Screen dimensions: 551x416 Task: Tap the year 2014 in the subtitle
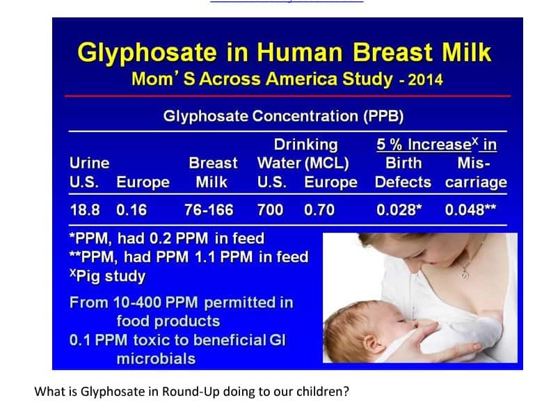[x=425, y=80]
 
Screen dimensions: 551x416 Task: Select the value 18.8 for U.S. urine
[x=85, y=210]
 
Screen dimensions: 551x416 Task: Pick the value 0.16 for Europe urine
[x=131, y=210]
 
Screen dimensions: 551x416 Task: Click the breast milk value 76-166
[x=209, y=210]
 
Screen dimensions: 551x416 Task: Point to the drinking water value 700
[x=270, y=210]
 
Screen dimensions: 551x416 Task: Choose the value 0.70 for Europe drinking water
[x=319, y=210]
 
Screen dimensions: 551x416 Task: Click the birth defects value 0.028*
[x=399, y=210]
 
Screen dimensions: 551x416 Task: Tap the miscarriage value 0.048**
[x=470, y=210]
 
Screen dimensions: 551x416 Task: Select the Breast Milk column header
[x=213, y=173]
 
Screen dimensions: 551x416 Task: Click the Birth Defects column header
[x=403, y=173]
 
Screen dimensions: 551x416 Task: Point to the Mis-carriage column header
[x=476, y=173]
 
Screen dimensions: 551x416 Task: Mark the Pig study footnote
[x=108, y=276]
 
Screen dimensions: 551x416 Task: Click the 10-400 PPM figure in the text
[x=155, y=303]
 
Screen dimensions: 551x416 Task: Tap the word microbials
[x=156, y=359]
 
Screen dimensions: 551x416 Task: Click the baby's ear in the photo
[x=372, y=343]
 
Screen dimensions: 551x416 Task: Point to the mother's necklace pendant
[x=465, y=275]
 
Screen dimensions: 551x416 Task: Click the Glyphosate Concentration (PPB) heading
[x=283, y=116]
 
